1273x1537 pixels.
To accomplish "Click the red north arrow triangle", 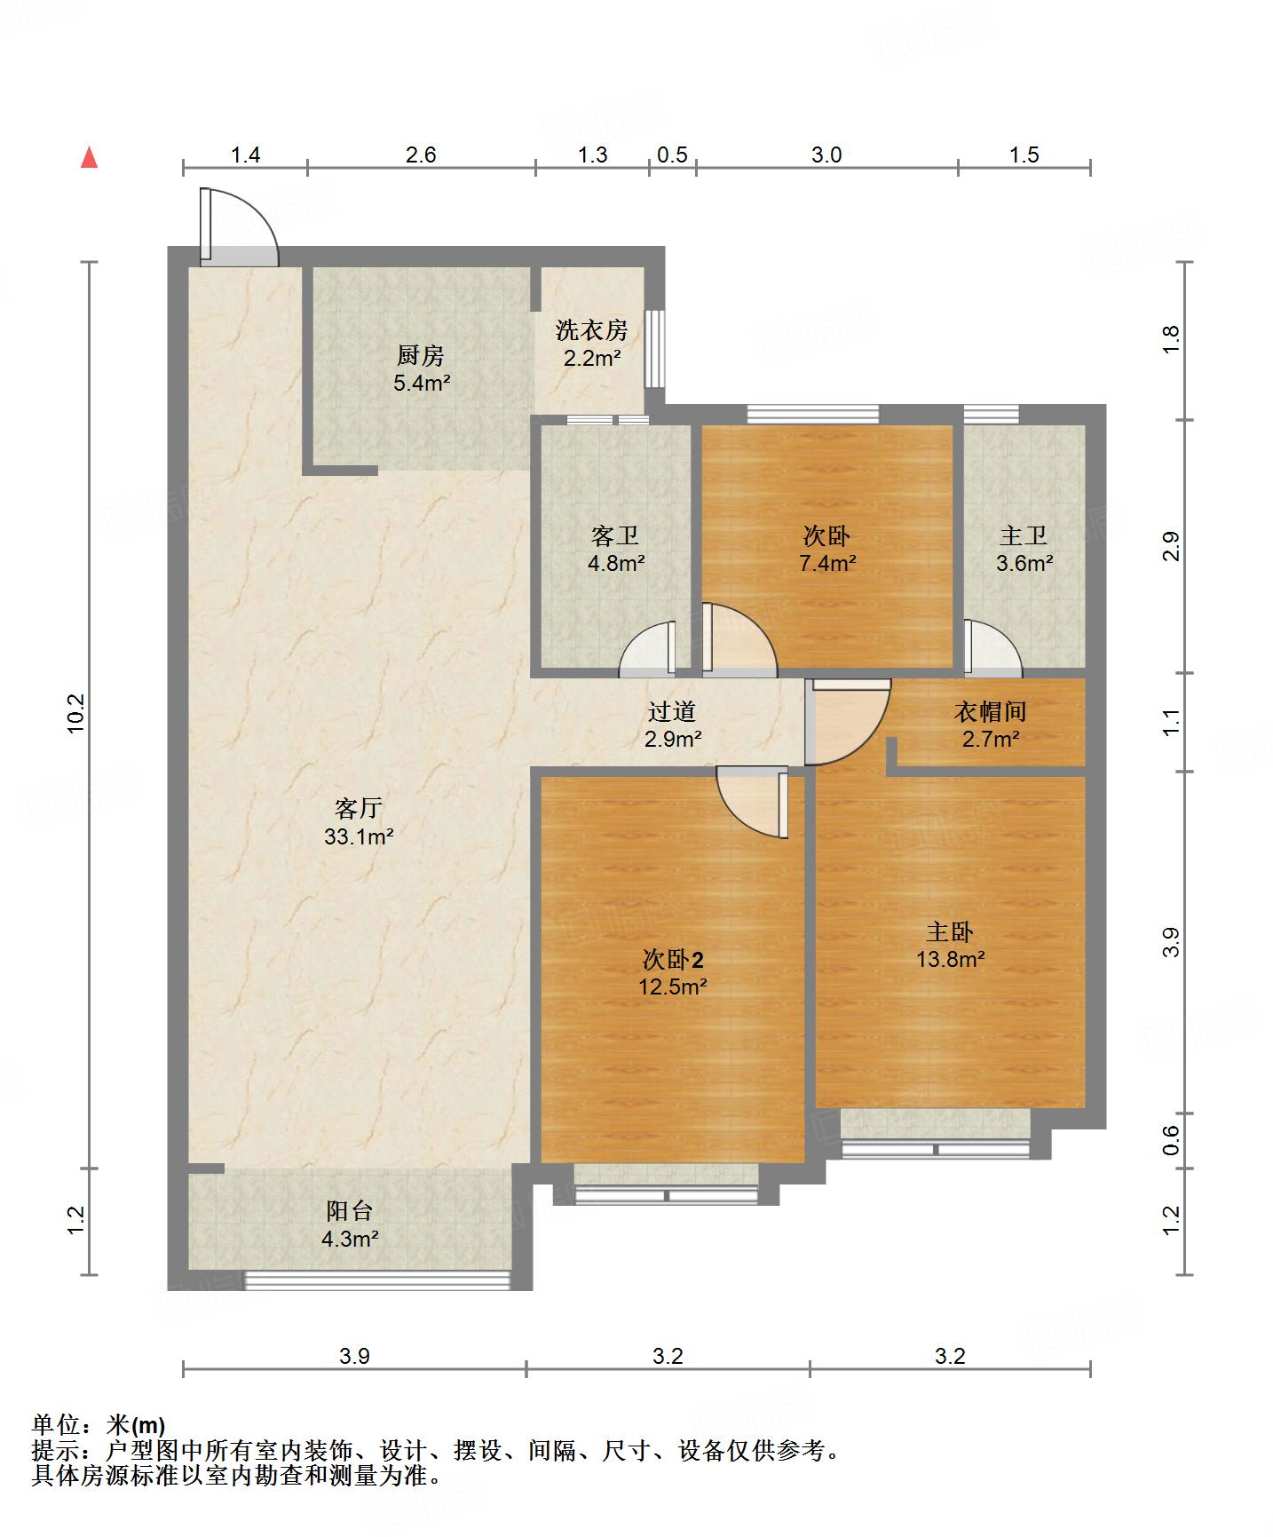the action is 89,157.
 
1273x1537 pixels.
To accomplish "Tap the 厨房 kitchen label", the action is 421,356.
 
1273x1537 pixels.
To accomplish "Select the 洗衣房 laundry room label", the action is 592,330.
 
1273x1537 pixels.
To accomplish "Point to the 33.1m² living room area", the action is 359,836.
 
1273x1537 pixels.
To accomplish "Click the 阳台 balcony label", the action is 350,1210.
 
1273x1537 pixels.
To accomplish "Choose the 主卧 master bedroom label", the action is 950,931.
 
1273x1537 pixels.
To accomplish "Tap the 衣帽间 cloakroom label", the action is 991,711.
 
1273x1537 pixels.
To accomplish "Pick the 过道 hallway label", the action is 672,711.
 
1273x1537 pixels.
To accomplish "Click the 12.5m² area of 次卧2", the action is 673,986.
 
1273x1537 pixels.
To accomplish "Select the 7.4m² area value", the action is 826,562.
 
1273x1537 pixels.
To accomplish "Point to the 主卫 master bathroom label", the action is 1024,535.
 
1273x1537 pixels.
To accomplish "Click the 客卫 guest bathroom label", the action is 615,535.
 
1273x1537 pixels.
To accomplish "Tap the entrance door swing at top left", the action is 238,226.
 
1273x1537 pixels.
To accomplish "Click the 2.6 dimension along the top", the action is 421,154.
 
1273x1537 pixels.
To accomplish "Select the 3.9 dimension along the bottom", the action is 354,1356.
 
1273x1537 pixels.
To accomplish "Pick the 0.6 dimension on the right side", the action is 1171,1140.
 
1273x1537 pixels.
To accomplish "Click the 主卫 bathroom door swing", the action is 991,645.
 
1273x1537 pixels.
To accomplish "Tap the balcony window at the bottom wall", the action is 377,1280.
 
